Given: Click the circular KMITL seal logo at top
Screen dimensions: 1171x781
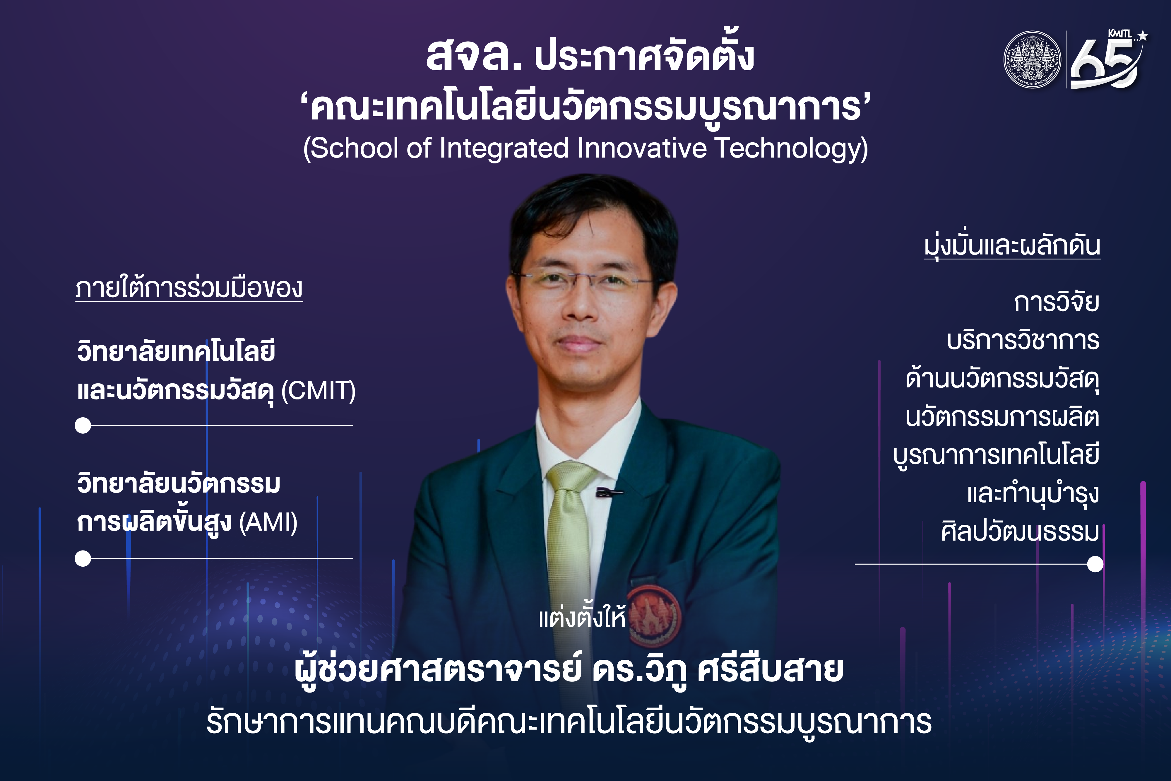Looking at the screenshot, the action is pos(1032,60).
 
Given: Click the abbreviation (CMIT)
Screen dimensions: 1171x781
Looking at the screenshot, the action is pos(319,391).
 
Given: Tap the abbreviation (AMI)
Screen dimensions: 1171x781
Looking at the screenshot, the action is pos(268,522).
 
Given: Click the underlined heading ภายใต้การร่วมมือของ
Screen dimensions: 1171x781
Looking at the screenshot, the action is pos(189,288).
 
